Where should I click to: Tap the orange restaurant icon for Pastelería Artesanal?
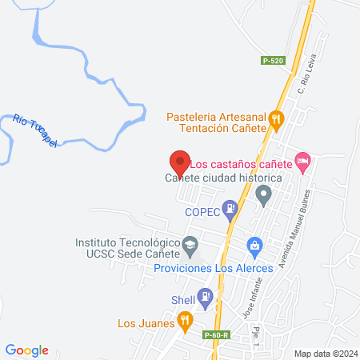pyautogui.click(x=277, y=120)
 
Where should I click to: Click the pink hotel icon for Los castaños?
pyautogui.click(x=302, y=162)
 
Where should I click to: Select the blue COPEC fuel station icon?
pyautogui.click(x=230, y=211)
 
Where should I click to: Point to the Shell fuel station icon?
pyautogui.click(x=206, y=299)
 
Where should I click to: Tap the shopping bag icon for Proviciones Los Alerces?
pyautogui.click(x=254, y=244)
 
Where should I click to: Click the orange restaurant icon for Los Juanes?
pyautogui.click(x=186, y=322)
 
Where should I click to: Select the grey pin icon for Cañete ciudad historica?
pyautogui.click(x=262, y=194)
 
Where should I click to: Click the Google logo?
pyautogui.click(x=27, y=350)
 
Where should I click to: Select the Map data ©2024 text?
pyautogui.click(x=325, y=353)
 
